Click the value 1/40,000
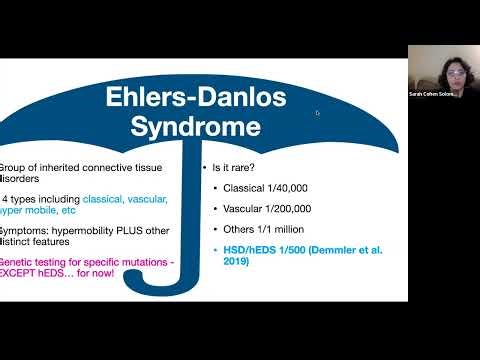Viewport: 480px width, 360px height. coord(279,188)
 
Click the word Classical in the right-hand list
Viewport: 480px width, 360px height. coord(234,188)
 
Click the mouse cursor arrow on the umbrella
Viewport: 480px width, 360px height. coord(318,113)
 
